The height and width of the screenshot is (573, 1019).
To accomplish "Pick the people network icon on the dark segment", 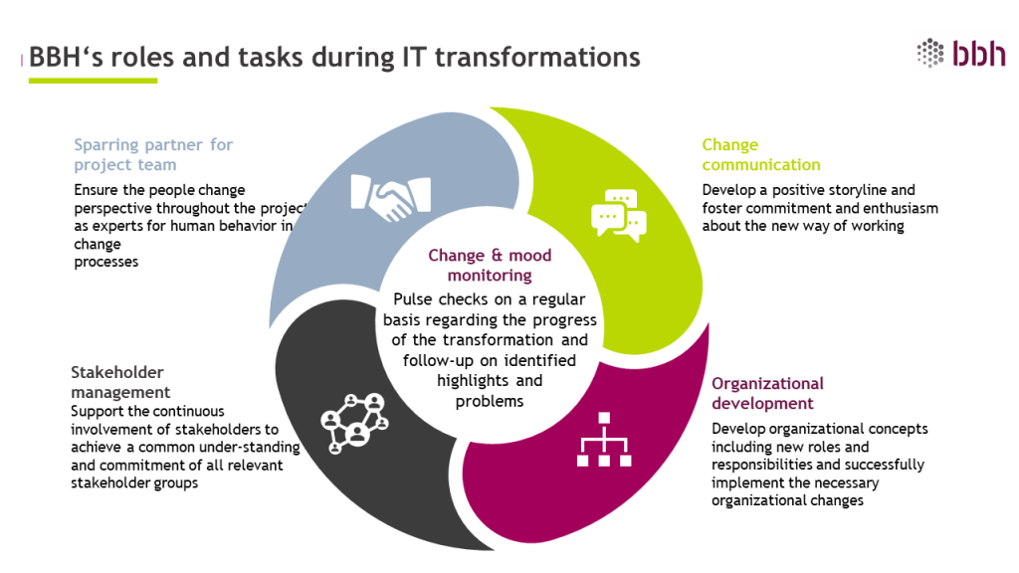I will pos(352,421).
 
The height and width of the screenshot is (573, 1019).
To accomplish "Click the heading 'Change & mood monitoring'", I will pos(490,265).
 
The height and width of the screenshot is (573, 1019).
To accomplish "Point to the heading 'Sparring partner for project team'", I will pos(153,154).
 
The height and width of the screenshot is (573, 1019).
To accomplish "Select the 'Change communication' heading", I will pos(760,154).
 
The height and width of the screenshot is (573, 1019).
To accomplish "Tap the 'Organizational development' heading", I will pos(767,393).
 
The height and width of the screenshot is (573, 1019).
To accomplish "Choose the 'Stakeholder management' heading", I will pos(116,382).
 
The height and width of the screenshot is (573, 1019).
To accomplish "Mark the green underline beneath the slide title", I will pos(93,80).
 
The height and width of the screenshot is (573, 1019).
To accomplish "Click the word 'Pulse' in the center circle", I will pos(414,299).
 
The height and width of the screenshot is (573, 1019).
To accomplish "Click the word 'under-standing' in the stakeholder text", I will pos(255,447).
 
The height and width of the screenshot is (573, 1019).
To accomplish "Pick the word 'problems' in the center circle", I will pos(489,401).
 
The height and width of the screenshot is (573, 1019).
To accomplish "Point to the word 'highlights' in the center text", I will pos(472,382).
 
